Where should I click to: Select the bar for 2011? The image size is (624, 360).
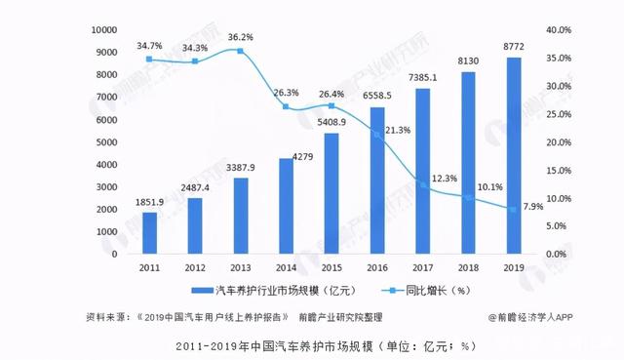(149, 233)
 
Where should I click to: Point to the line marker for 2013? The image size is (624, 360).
(240, 51)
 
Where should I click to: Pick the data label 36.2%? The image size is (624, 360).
(240, 37)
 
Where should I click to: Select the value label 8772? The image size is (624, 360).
(513, 46)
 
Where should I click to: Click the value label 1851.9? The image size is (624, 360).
(149, 201)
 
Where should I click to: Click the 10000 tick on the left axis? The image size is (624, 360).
(104, 30)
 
